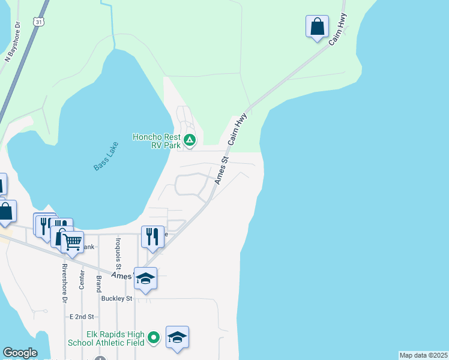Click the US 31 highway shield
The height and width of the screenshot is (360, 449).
[x=39, y=22]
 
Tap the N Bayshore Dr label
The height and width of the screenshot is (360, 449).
[x=13, y=42]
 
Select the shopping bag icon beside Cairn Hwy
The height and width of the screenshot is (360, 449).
[x=317, y=27]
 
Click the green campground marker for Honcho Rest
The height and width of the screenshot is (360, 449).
[x=190, y=141]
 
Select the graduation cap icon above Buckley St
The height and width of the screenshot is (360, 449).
[x=145, y=278]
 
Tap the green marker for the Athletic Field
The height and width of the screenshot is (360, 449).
[x=154, y=338]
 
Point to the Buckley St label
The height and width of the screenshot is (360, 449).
[x=116, y=298]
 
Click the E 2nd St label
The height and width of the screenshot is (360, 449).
[x=82, y=316]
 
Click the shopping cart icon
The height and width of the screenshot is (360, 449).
[x=72, y=242]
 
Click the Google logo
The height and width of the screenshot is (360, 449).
[x=20, y=353]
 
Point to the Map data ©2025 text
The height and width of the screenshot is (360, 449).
[x=423, y=355]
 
